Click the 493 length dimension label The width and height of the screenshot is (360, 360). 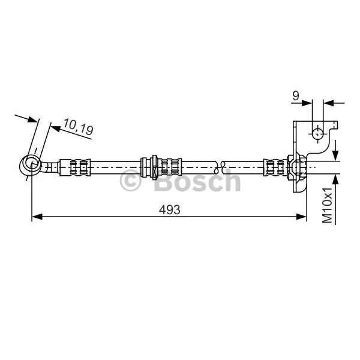pos(170,210)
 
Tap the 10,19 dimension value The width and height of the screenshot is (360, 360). pos(78,127)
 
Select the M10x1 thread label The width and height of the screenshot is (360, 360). pos(327,205)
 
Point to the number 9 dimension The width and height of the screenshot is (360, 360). pos(296,96)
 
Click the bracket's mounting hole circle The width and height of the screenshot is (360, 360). pos(318,133)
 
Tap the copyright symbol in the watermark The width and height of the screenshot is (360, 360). pos(130,181)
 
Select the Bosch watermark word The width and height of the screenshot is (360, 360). pos(197,181)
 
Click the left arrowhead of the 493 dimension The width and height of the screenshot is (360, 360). pos(37,217)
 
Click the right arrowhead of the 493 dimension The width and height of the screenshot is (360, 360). pos(301,217)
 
